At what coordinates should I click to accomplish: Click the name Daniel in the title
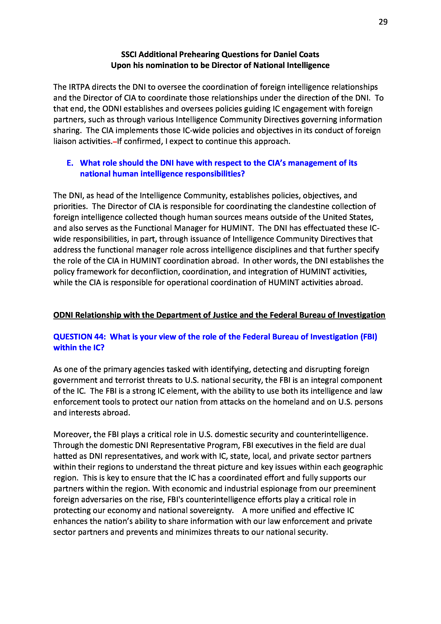pos(286,54)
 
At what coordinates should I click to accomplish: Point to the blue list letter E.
pos(70,163)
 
